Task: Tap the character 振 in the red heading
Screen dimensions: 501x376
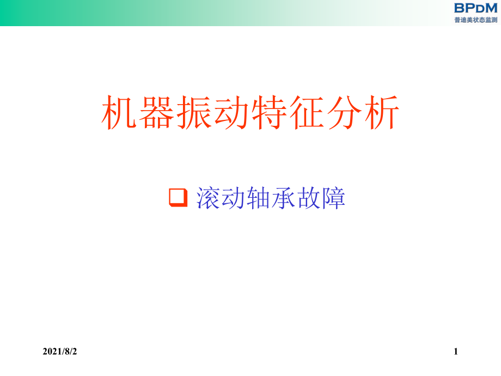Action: pos(194,112)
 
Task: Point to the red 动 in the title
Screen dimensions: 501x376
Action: pos(231,112)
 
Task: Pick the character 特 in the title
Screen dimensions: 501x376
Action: pos(269,112)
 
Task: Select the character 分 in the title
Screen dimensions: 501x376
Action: pos(344,112)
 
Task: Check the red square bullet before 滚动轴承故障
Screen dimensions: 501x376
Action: pos(178,198)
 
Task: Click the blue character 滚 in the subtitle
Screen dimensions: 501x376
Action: pos(208,198)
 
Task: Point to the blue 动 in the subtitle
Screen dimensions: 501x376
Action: pos(233,198)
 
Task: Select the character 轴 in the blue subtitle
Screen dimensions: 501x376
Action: pos(258,198)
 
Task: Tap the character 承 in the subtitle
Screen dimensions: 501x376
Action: pos(283,198)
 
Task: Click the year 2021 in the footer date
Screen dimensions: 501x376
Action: pos(53,351)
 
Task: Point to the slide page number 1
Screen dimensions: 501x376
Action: pos(456,351)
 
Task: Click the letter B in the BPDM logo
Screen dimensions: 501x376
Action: pos(459,8)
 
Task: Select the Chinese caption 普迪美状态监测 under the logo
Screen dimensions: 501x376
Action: pos(476,20)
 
